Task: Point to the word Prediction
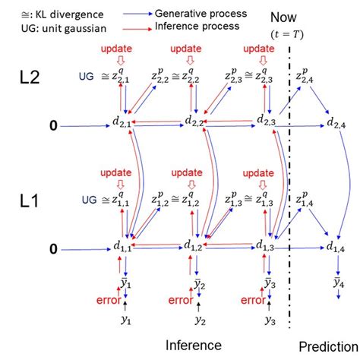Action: click(x=328, y=345)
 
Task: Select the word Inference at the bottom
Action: click(x=194, y=345)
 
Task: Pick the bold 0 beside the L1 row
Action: click(x=52, y=248)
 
